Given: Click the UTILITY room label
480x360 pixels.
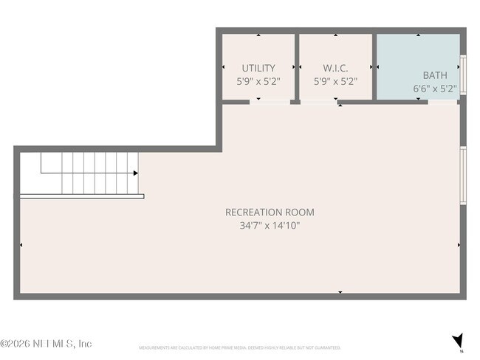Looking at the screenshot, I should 258,68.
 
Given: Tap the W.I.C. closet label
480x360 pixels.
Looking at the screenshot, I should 335,68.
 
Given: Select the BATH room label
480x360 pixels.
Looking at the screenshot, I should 434,75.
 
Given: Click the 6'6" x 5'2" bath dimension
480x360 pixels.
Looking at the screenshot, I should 434,89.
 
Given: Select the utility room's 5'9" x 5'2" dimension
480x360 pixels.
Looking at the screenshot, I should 258,81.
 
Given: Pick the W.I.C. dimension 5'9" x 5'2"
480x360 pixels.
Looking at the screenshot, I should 335,81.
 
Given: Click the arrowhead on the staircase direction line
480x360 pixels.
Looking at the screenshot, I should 136,173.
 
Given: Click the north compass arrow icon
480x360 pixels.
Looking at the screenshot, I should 458,341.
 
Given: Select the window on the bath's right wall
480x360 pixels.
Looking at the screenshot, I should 463,75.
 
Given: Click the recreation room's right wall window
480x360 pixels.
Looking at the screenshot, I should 463,174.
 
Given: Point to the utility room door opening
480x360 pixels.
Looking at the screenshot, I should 270,102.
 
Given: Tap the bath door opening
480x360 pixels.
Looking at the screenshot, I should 443,102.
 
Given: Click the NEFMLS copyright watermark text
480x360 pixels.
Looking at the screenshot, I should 46,344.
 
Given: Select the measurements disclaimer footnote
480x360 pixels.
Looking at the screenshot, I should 239,347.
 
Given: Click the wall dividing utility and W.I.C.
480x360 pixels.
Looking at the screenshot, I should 295,66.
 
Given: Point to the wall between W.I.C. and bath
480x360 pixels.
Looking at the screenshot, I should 374,66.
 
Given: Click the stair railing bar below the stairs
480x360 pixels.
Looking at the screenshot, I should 81,196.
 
